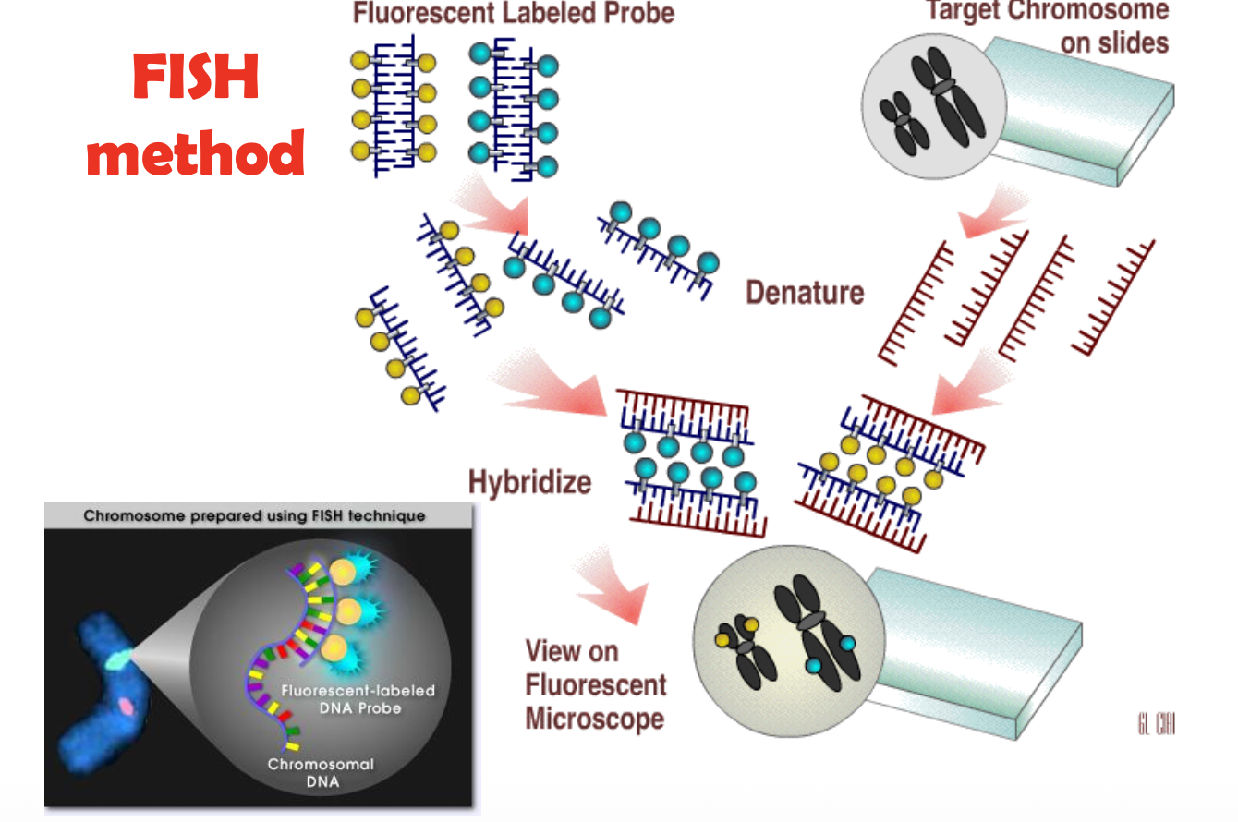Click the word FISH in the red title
point(195,78)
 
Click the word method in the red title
point(195,152)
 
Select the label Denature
point(805,293)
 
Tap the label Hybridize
point(529,482)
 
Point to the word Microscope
point(595,719)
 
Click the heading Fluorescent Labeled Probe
point(514,13)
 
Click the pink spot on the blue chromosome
point(125,707)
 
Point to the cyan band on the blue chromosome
point(117,659)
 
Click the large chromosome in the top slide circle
point(941,98)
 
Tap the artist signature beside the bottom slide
point(1156,724)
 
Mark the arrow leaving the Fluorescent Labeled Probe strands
point(492,207)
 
